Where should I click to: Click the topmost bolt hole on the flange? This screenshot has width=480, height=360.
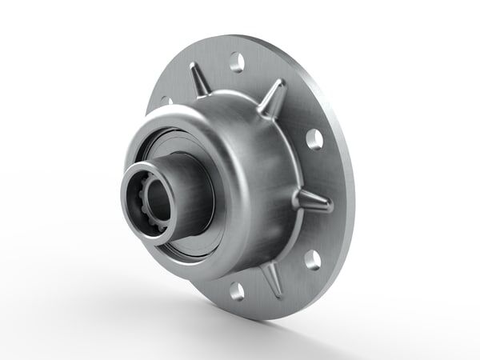237,60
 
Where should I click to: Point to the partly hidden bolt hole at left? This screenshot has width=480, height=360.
166,102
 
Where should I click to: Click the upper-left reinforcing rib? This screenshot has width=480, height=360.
198,81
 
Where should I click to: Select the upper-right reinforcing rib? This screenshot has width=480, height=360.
273,98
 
